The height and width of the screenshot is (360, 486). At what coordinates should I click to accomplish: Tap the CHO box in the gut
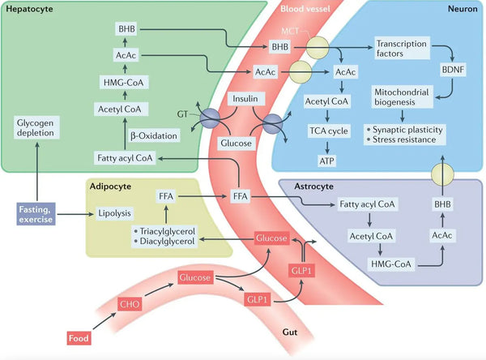coord(130,305)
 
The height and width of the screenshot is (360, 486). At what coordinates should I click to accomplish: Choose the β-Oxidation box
coord(147,135)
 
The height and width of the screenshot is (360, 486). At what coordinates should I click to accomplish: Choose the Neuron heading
coord(463,8)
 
